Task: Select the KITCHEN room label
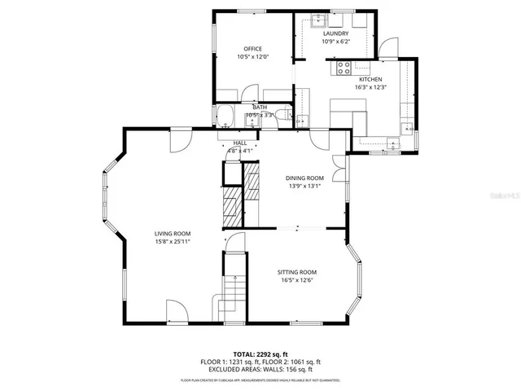[x=370, y=79]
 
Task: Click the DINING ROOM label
[x=304, y=178]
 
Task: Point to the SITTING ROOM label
[x=296, y=272]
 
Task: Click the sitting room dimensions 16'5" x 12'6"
[x=296, y=281]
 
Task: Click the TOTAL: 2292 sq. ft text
[x=260, y=354]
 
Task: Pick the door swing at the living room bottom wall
[x=175, y=311]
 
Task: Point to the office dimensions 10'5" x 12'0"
[x=252, y=57]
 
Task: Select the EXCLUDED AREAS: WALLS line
[x=260, y=369]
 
